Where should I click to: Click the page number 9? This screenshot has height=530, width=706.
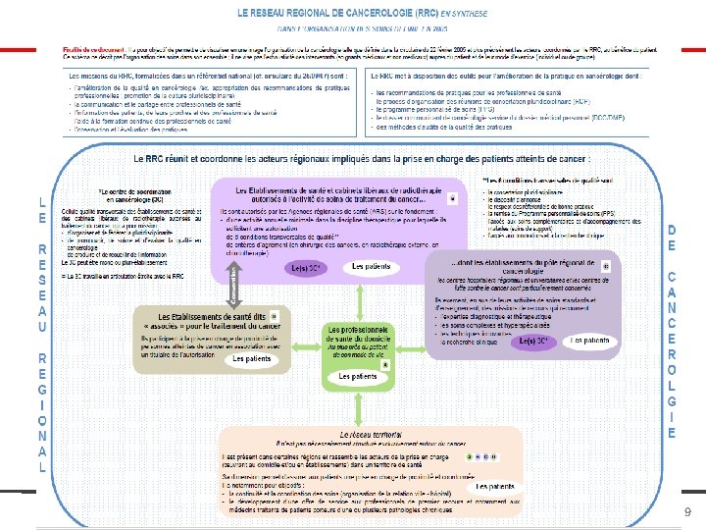click(x=687, y=511)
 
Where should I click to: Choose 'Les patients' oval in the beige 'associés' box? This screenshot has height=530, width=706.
click(x=252, y=359)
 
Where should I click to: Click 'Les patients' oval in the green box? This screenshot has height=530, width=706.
click(x=357, y=377)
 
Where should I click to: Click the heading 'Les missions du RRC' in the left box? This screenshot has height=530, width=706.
click(x=147, y=75)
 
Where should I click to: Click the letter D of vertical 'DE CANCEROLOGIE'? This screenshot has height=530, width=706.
click(x=671, y=230)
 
